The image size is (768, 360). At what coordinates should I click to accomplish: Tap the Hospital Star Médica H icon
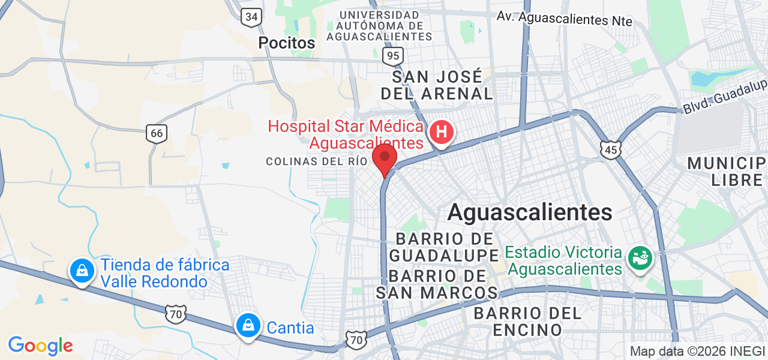coord(442,131)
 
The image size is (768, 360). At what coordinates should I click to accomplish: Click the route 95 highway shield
coord(393,56)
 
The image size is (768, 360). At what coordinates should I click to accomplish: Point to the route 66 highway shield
coord(157,133)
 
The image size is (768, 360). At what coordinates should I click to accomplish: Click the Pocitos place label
coord(286,43)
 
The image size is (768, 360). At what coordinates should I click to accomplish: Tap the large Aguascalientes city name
coord(530,212)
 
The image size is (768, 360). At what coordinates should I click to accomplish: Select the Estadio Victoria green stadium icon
coord(640,258)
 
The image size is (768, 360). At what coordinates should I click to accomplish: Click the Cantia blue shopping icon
coord(247,326)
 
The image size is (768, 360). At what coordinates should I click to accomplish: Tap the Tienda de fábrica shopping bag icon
coord(82,271)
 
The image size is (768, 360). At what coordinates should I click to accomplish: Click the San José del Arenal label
coord(437,85)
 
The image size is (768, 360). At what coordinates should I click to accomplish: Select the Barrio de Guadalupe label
coord(444,247)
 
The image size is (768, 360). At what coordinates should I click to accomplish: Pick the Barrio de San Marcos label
coord(437,284)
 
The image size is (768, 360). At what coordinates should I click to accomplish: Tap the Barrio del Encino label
coord(527,321)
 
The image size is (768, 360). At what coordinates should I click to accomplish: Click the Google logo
coord(40,346)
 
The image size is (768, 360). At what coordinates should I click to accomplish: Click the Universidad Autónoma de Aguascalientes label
coord(379,25)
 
